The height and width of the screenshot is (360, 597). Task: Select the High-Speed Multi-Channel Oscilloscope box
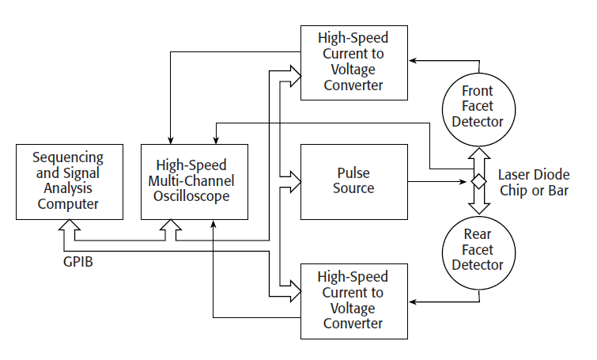[x=194, y=181]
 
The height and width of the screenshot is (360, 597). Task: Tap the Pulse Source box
[x=354, y=181]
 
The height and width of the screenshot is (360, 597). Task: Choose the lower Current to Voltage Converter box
[x=354, y=300]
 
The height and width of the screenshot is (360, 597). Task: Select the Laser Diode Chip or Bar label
[x=535, y=183]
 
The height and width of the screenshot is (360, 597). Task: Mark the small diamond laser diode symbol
[x=478, y=182]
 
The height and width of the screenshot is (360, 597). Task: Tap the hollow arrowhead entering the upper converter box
[x=295, y=74]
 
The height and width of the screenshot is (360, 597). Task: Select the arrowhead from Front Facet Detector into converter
[x=413, y=60]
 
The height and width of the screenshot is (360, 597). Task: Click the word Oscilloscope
[x=194, y=195]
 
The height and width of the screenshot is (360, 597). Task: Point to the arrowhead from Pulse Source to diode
[x=466, y=182]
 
